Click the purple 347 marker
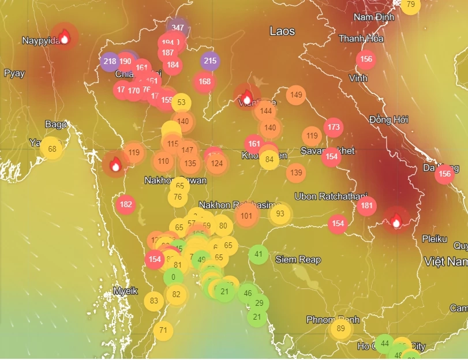click(x=178, y=27)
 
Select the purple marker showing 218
click(x=110, y=61)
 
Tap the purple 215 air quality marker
click(x=210, y=61)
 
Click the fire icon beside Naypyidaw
click(x=64, y=37)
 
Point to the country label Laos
click(x=282, y=31)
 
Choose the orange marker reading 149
click(x=296, y=95)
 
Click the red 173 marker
click(x=333, y=127)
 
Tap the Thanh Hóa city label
click(x=361, y=39)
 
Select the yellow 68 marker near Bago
click(x=52, y=149)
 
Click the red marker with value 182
click(x=126, y=204)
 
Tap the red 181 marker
click(x=366, y=205)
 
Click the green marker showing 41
click(x=259, y=254)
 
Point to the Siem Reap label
click(x=298, y=260)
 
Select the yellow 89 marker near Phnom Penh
click(x=340, y=329)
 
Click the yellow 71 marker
click(x=163, y=331)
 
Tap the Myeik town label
click(x=125, y=291)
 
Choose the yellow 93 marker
click(x=280, y=213)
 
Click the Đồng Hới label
click(x=389, y=119)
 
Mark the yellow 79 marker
click(x=410, y=5)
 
